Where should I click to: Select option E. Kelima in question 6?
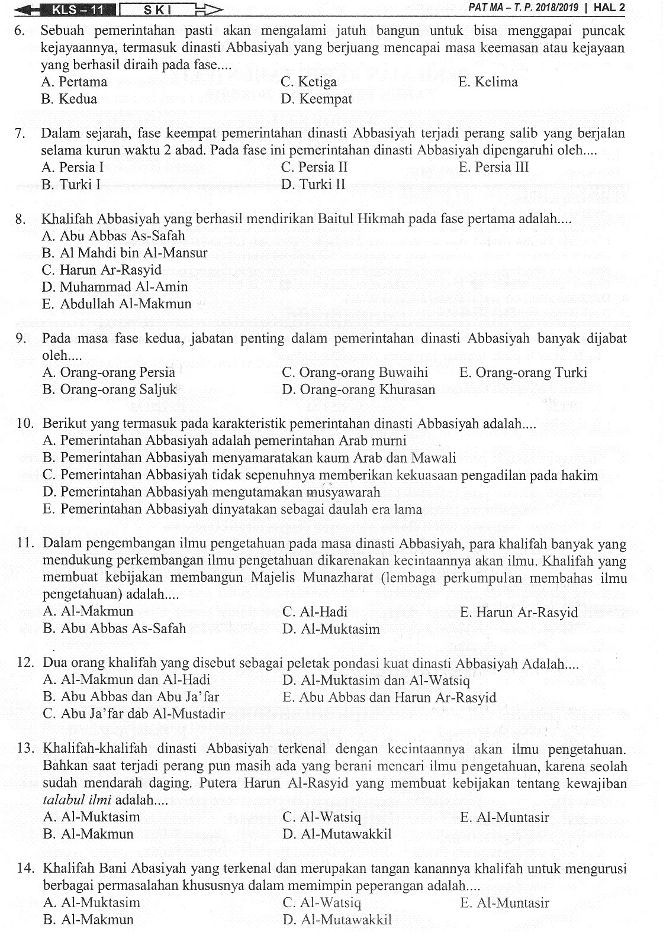click(488, 82)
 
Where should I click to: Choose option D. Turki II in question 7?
click(313, 185)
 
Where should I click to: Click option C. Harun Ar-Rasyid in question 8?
click(102, 270)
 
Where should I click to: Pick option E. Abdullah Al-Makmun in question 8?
click(117, 304)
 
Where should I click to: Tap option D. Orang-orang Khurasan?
click(359, 390)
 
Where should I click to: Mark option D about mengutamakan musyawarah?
click(211, 492)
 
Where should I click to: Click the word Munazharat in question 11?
click(337, 578)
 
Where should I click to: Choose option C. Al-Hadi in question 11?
click(315, 612)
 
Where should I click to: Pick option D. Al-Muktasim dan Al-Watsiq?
click(376, 680)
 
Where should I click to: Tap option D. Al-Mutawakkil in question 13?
click(337, 834)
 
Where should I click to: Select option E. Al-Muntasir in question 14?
click(504, 903)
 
